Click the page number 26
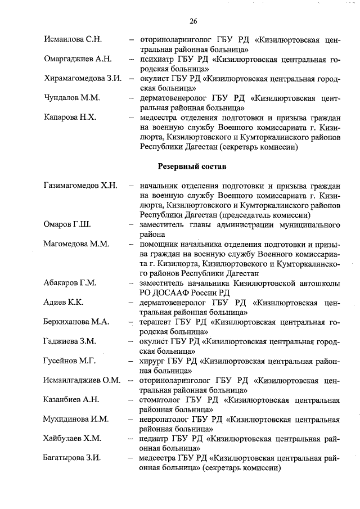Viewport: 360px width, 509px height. click(193, 21)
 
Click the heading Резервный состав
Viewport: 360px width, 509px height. click(193, 166)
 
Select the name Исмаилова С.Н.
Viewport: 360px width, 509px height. click(72, 40)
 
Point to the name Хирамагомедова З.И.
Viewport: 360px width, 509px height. click(83, 78)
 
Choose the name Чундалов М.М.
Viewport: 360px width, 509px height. click(71, 98)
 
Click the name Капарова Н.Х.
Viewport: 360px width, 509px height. click(71, 118)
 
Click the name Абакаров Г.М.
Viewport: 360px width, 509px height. click(70, 283)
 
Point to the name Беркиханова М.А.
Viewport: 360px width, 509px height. click(77, 322)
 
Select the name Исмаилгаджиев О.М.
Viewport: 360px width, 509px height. click(82, 380)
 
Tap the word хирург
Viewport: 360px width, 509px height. click(152, 361)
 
